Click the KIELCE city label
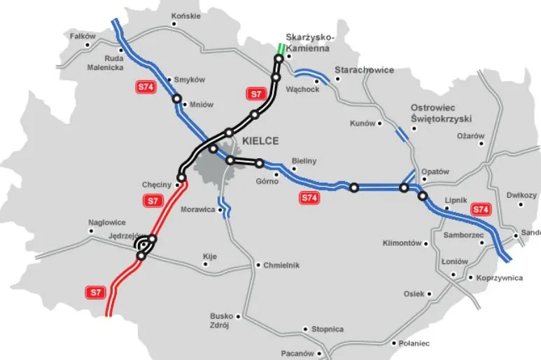tap(260, 141)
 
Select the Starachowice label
tap(364, 70)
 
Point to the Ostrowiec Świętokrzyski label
tap(442, 113)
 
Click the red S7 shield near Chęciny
tap(153, 201)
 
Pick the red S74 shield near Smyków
tap(144, 87)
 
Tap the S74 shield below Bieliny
tap(310, 198)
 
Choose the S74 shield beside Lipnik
tap(481, 209)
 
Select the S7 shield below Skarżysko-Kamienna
tap(257, 93)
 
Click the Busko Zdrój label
tap(221, 320)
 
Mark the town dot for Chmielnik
tap(258, 265)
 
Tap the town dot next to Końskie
tap(176, 24)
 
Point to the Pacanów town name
tap(297, 354)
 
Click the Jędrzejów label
tap(126, 236)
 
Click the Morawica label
tap(197, 209)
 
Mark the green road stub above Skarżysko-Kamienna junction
tap(281, 49)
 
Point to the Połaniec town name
tap(414, 343)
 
